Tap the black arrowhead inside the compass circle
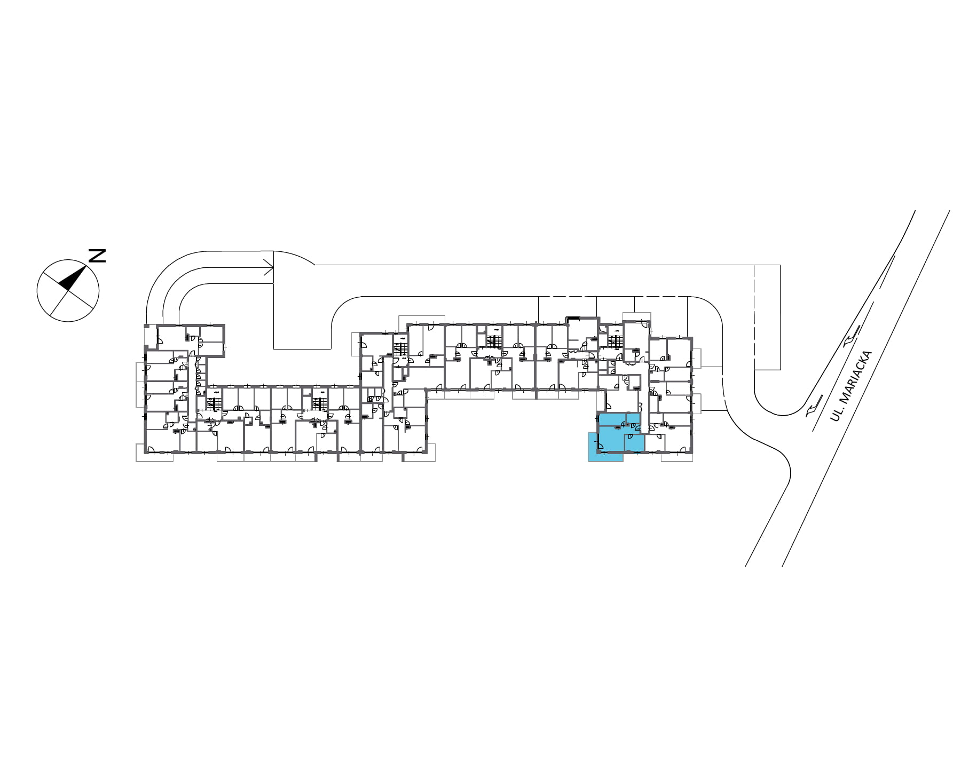73,278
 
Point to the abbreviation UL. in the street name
835,415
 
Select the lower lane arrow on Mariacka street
810,409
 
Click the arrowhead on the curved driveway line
269,268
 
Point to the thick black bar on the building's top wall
572,318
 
